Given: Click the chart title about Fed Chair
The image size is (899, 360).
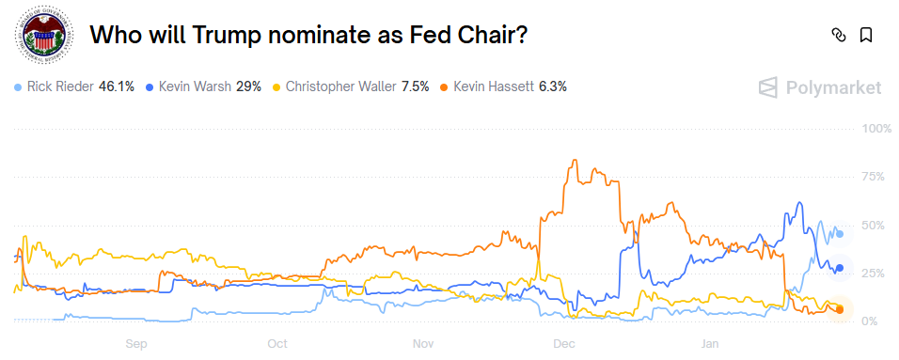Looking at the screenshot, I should click(x=308, y=36).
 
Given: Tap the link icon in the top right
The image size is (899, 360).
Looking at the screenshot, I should click(x=839, y=36).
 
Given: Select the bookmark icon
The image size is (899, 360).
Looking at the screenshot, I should click(x=866, y=36).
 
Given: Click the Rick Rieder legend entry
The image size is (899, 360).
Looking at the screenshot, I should click(x=74, y=86).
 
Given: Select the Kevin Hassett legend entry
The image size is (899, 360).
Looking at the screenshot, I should click(x=502, y=86).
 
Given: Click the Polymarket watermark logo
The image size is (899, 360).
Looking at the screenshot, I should click(x=820, y=87).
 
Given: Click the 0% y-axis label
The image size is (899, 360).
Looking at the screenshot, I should click(x=875, y=321).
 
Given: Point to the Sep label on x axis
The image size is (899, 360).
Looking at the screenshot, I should click(x=137, y=344).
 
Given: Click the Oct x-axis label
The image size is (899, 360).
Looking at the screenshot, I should click(x=277, y=344).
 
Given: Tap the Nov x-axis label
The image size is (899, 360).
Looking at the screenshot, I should click(x=422, y=344).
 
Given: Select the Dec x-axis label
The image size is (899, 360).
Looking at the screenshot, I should click(x=564, y=344).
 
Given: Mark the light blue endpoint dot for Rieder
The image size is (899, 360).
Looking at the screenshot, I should click(x=840, y=233).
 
